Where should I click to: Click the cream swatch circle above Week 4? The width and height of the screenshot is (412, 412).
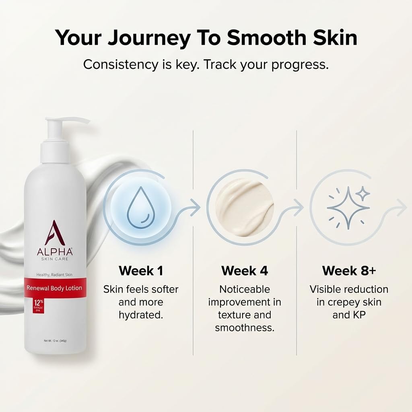[x=244, y=208]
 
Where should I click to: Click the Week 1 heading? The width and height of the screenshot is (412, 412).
[x=141, y=271]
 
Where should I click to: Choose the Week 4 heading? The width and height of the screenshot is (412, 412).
[x=244, y=271]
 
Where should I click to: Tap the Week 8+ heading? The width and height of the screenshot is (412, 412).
[x=349, y=271]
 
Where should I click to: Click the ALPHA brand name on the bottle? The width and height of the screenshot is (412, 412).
[x=55, y=252]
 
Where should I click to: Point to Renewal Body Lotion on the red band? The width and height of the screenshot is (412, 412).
[x=54, y=288]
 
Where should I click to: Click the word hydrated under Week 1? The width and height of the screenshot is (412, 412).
[x=141, y=315]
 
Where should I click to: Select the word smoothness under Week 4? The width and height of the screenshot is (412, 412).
[x=244, y=328]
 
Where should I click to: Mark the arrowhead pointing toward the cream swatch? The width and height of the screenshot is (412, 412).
[x=197, y=208]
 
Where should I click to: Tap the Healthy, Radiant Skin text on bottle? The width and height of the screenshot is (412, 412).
[x=54, y=274]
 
